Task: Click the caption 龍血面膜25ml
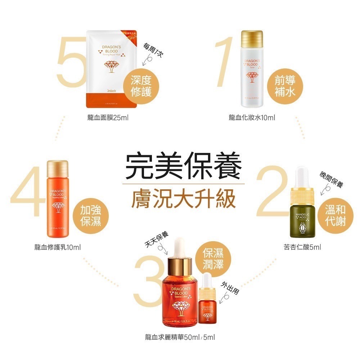click(x=108, y=118)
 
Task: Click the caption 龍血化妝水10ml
click(x=252, y=118)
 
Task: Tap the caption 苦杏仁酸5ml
click(x=302, y=247)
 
